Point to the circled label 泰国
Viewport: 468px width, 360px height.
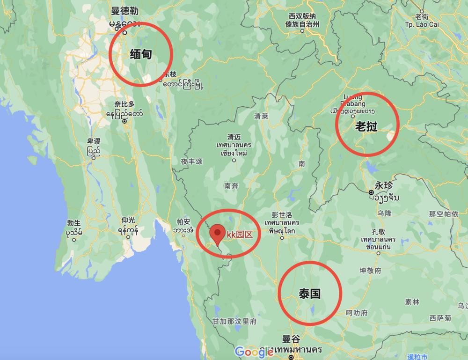[309, 294]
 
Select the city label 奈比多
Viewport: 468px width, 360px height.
[124, 104]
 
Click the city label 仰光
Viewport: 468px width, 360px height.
[128, 220]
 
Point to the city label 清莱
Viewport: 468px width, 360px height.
[261, 116]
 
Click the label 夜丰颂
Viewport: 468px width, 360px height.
[191, 161]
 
